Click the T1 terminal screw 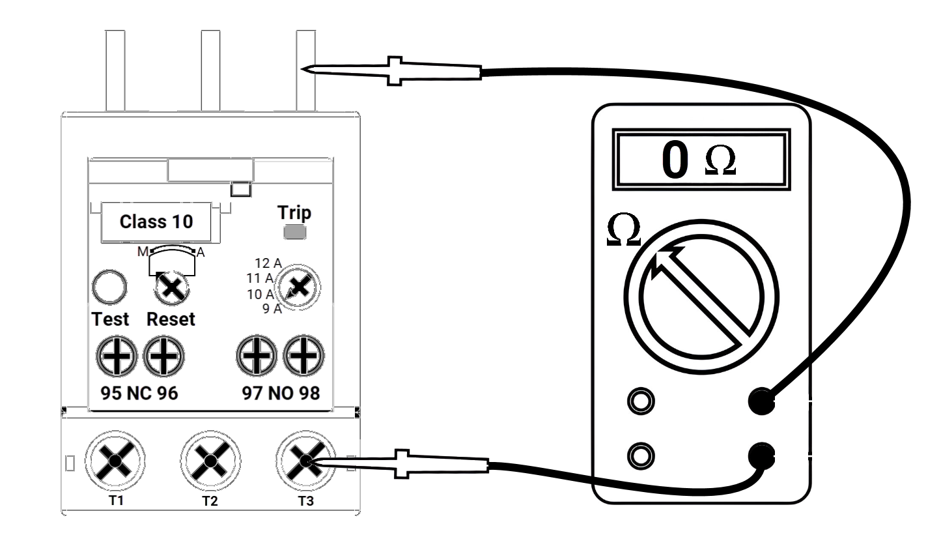click(x=115, y=461)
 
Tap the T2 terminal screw click(x=209, y=461)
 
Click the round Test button click(x=108, y=288)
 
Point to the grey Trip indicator click(x=296, y=232)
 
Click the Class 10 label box click(x=156, y=222)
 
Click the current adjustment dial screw click(x=298, y=287)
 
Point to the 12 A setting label click(x=268, y=264)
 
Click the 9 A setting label click(x=272, y=309)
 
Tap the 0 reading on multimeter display click(x=675, y=160)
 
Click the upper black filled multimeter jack click(x=761, y=400)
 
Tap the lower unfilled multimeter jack click(x=640, y=454)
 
